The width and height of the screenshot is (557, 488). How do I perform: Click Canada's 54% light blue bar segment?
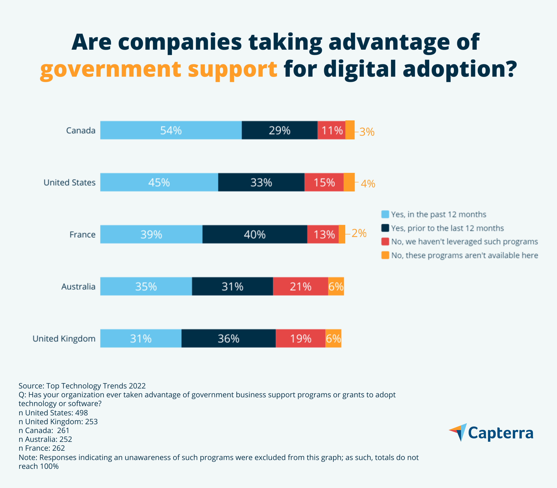tap(171, 130)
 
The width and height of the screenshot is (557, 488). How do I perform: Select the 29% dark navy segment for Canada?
tap(280, 130)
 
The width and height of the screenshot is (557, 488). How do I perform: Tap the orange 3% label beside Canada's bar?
tap(367, 132)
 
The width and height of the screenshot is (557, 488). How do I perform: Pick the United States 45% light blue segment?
tap(159, 182)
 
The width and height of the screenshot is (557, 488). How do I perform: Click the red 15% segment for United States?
tap(324, 182)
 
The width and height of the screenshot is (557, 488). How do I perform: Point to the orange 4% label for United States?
tap(368, 184)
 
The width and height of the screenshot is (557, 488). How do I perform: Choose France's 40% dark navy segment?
tap(255, 234)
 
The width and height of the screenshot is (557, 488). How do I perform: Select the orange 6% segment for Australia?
tap(336, 286)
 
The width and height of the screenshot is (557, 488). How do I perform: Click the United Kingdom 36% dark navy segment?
tap(228, 338)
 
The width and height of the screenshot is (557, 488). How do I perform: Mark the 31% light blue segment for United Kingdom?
tap(141, 338)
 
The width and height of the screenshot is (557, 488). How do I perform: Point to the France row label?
tap(82, 234)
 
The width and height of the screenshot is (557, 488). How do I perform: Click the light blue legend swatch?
tap(385, 214)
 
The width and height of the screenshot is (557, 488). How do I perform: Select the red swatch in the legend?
tap(385, 242)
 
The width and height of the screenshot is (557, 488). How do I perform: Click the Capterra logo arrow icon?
tap(459, 432)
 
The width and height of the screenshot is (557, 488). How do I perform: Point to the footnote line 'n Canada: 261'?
tap(44, 430)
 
